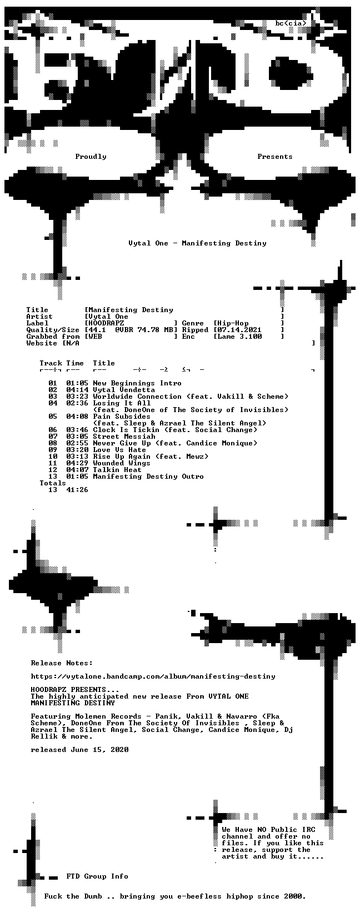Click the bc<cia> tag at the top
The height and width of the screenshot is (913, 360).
click(291, 23)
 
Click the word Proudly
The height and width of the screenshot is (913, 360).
click(91, 157)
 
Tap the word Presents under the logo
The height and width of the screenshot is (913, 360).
click(275, 157)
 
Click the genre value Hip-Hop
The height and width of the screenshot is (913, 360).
click(233, 323)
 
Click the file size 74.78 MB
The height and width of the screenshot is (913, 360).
click(156, 330)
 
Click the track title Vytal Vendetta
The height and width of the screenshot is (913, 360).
click(124, 390)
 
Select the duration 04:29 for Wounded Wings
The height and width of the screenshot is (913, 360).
click(77, 463)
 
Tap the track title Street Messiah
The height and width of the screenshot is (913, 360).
click(124, 437)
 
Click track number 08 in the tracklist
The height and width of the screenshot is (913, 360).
click(53, 443)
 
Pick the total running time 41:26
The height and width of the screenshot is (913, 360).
click(77, 489)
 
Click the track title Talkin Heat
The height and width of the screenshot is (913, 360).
click(117, 469)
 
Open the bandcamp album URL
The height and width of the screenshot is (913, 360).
click(153, 676)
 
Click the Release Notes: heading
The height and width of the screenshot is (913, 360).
click(62, 663)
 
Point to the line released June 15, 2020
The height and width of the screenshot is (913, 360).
click(79, 749)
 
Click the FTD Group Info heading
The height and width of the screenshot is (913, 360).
click(97, 876)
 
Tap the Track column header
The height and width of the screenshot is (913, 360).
click(51, 363)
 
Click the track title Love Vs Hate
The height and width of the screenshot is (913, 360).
click(119, 450)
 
